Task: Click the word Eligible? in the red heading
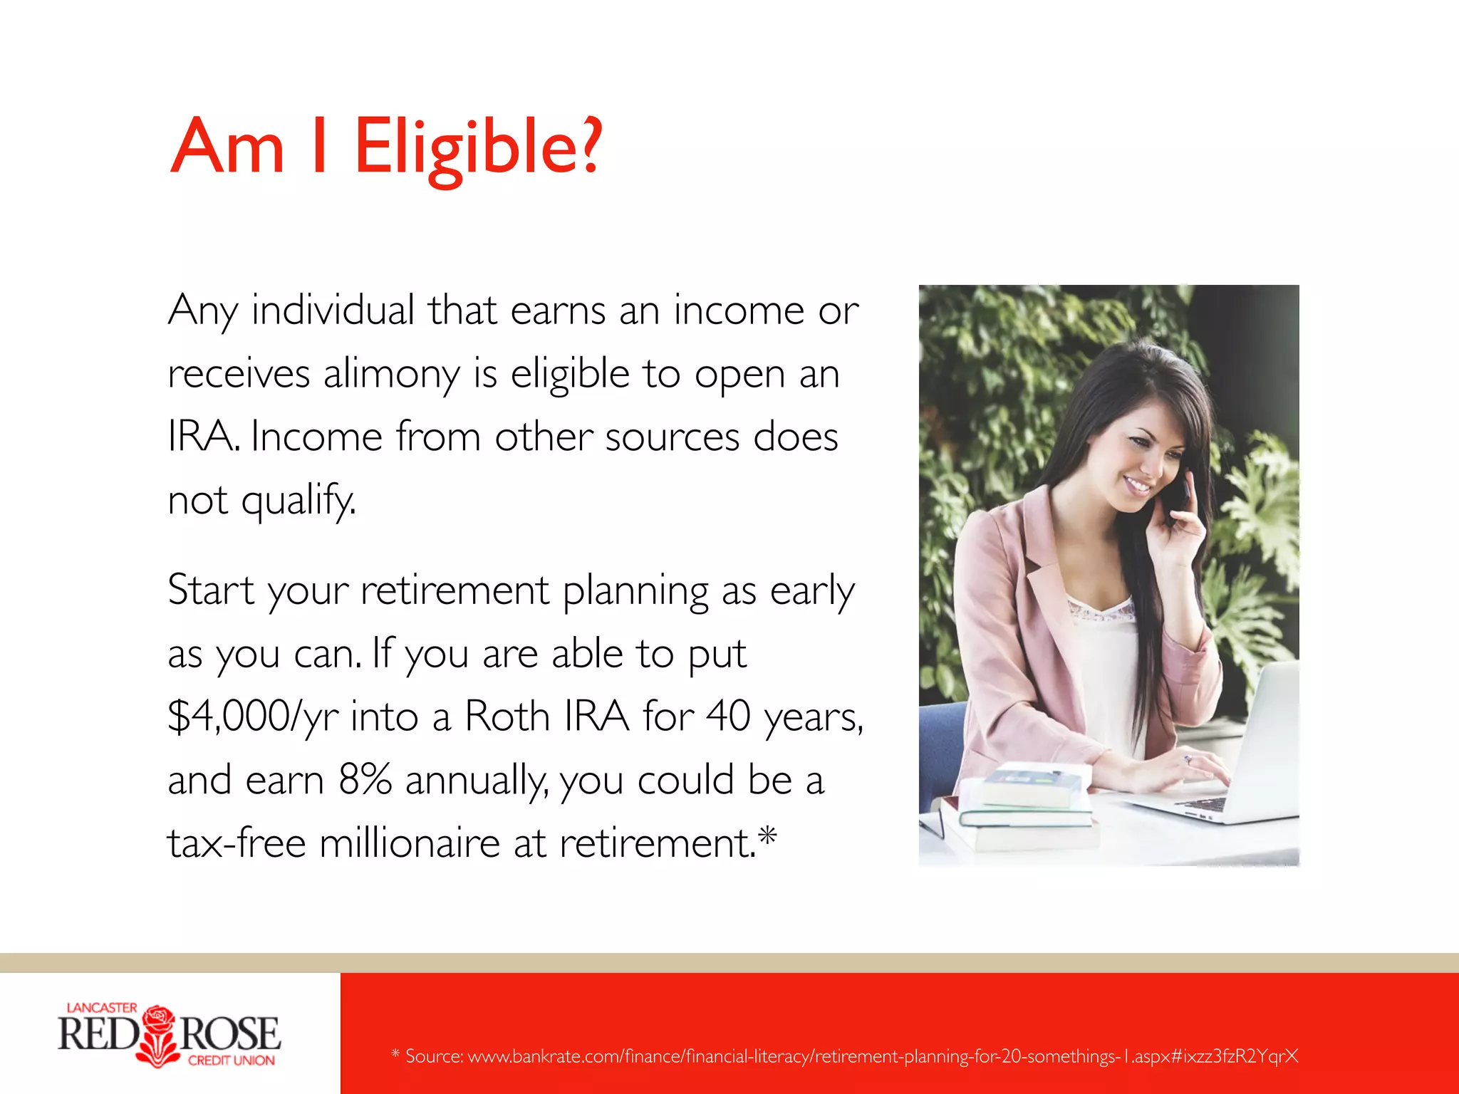pyautogui.click(x=478, y=148)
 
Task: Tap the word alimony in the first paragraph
pyautogui.click(x=391, y=374)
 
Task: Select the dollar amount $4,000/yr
pyautogui.click(x=252, y=717)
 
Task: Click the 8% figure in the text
pyautogui.click(x=365, y=780)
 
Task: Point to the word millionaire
pyautogui.click(x=410, y=843)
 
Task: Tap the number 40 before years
pyautogui.click(x=728, y=717)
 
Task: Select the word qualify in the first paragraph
pyautogui.click(x=297, y=501)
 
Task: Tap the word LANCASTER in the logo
pyautogui.click(x=101, y=1008)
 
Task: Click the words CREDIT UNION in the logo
pyautogui.click(x=231, y=1061)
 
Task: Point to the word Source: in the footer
pyautogui.click(x=434, y=1056)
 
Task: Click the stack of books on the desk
pyautogui.click(x=1026, y=805)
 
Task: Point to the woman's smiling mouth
pyautogui.click(x=1137, y=486)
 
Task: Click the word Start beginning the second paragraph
pyautogui.click(x=211, y=590)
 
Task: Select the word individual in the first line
pyautogui.click(x=333, y=311)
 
